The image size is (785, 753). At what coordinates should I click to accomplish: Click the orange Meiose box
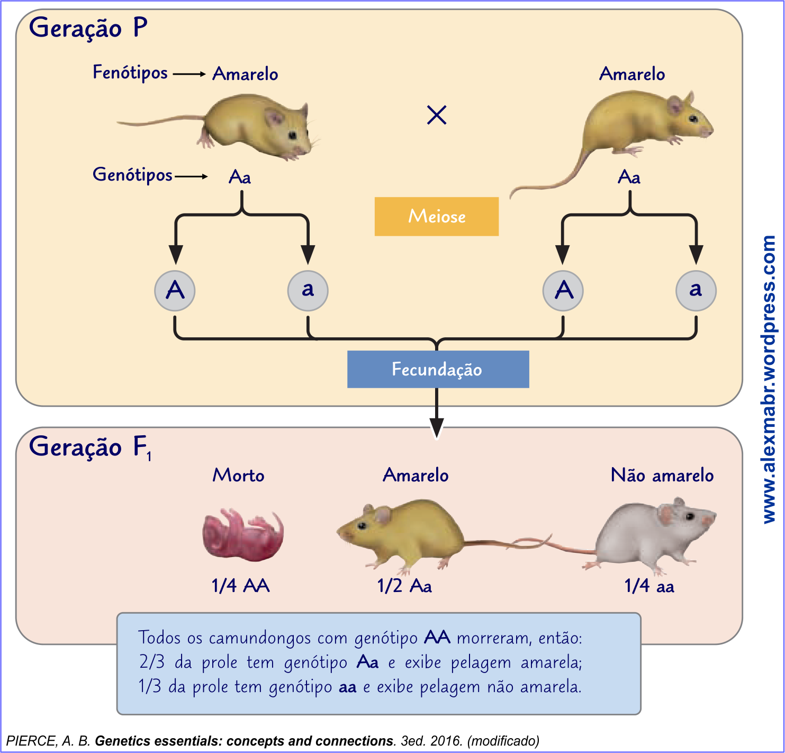[436, 216]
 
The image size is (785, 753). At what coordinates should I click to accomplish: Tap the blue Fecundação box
[438, 369]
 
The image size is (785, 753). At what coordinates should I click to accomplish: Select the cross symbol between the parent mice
[437, 114]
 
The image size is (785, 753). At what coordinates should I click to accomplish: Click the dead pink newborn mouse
[243, 534]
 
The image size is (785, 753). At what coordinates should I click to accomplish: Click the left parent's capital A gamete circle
[175, 290]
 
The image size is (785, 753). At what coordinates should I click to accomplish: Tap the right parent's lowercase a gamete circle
[696, 290]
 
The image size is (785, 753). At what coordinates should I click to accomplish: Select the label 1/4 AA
[240, 586]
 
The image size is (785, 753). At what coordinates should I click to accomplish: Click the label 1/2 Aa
[404, 586]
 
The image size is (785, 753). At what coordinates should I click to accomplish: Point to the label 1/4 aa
[649, 586]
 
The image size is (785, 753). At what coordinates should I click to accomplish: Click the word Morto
[238, 475]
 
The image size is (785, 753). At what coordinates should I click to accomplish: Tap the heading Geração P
[88, 28]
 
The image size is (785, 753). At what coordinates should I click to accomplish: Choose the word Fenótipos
[130, 72]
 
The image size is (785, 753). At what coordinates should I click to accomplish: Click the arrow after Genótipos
[191, 176]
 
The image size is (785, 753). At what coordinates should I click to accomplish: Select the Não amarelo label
[662, 475]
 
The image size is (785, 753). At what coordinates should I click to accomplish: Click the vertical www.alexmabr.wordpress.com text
[769, 379]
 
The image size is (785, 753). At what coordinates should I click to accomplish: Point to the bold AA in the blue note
[437, 637]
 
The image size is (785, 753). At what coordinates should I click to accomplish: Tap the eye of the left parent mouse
[292, 136]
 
